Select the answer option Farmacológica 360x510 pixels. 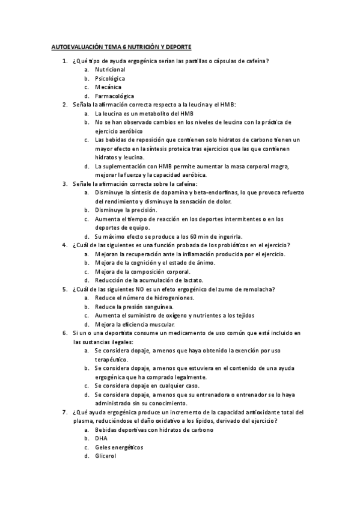[x=114, y=96]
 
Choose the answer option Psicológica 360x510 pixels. [x=110, y=78]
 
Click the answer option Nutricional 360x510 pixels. [x=110, y=69]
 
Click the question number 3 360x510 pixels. [x=64, y=183]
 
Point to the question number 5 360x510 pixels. [x=64, y=289]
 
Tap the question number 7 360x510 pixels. [x=64, y=412]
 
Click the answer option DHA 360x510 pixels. [x=101, y=438]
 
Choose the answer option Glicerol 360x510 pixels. [x=105, y=455]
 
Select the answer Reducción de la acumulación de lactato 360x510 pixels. [x=149, y=280]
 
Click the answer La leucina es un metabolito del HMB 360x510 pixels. [x=144, y=113]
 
